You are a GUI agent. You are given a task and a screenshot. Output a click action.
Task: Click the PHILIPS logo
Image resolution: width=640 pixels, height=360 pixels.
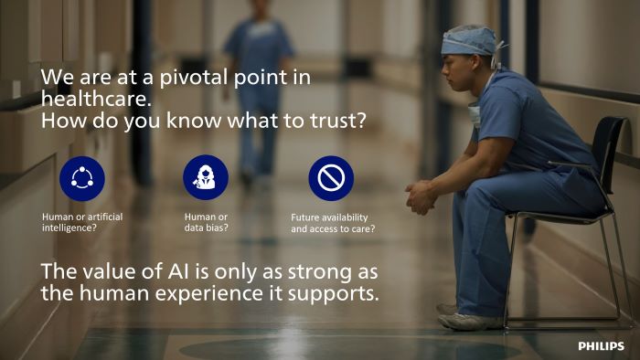pos(601,346)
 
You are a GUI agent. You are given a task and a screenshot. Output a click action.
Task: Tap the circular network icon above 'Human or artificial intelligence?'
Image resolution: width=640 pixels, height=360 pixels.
pos(82,177)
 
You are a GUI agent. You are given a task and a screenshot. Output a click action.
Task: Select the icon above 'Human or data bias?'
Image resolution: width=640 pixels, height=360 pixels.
pos(206,177)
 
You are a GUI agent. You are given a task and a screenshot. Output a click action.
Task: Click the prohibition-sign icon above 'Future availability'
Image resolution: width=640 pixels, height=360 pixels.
pos(330,177)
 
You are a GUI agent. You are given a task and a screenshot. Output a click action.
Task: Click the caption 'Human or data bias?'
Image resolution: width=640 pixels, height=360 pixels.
pos(206,222)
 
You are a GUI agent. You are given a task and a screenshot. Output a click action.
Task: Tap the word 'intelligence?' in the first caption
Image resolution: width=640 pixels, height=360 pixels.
pos(69,228)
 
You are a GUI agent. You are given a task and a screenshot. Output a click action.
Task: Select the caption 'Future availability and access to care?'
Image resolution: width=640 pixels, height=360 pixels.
pos(333,222)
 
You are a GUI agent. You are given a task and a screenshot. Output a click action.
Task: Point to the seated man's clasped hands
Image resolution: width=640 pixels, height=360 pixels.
pos(421,196)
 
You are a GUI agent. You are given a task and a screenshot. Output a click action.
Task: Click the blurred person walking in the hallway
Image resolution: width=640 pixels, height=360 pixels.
pos(258,91)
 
